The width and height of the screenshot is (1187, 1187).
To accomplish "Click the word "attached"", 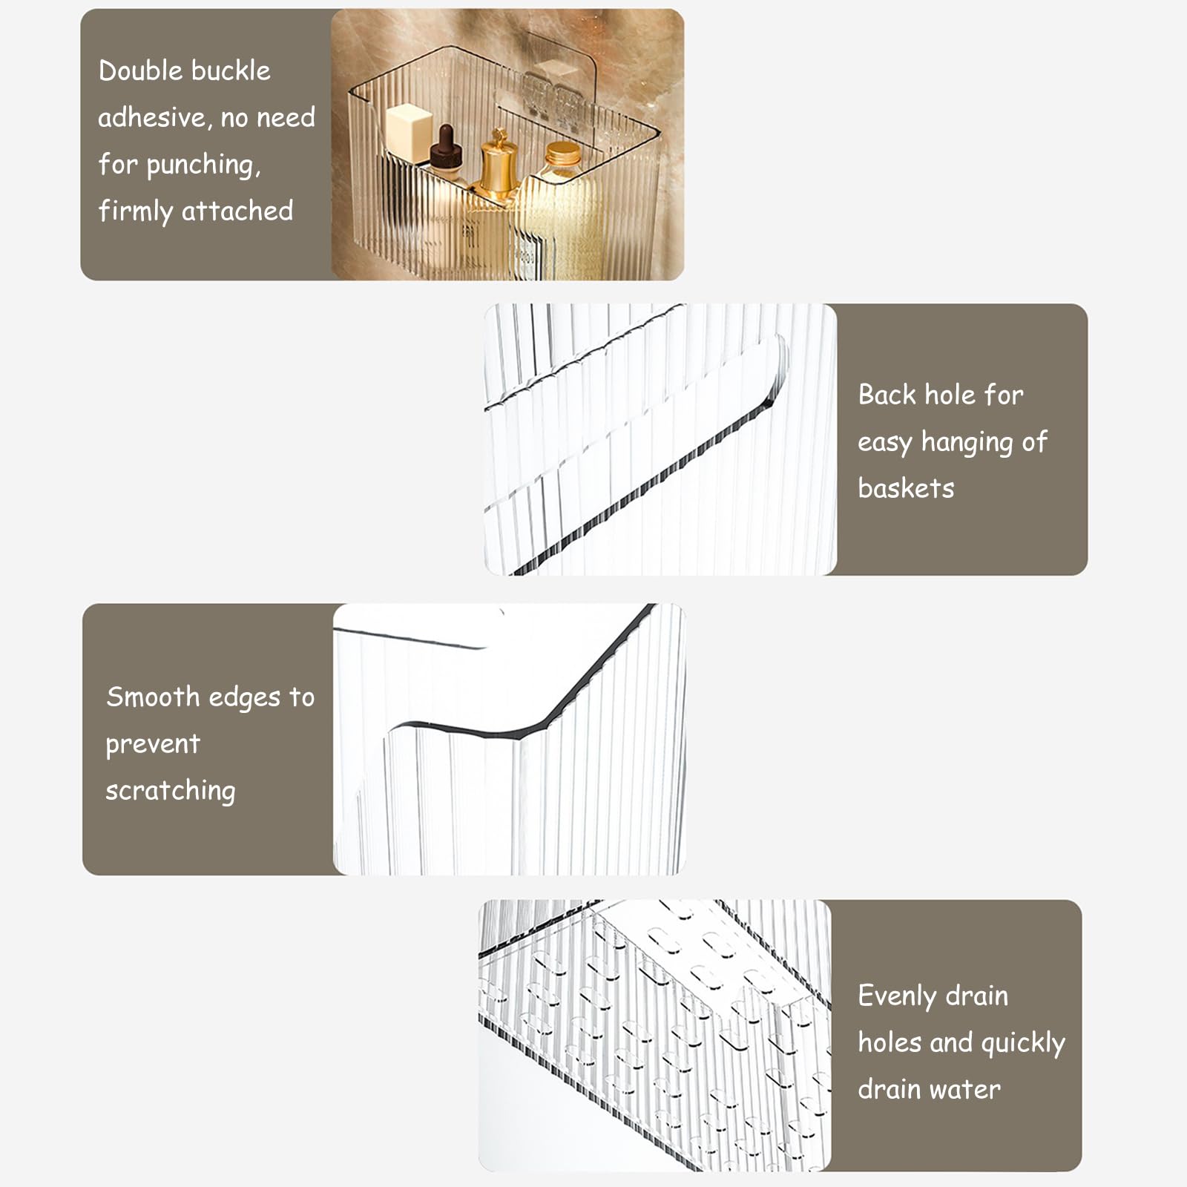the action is [237, 211].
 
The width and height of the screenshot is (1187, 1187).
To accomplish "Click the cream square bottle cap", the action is [409, 132].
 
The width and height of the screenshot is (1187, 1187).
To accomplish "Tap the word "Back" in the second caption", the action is [887, 395].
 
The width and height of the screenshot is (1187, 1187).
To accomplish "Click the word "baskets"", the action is [906, 488].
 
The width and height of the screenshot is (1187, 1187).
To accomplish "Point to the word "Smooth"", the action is [153, 697].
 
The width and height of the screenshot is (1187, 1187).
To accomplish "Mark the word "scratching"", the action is [170, 791].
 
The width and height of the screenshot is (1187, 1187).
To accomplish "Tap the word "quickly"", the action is [1023, 1044].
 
